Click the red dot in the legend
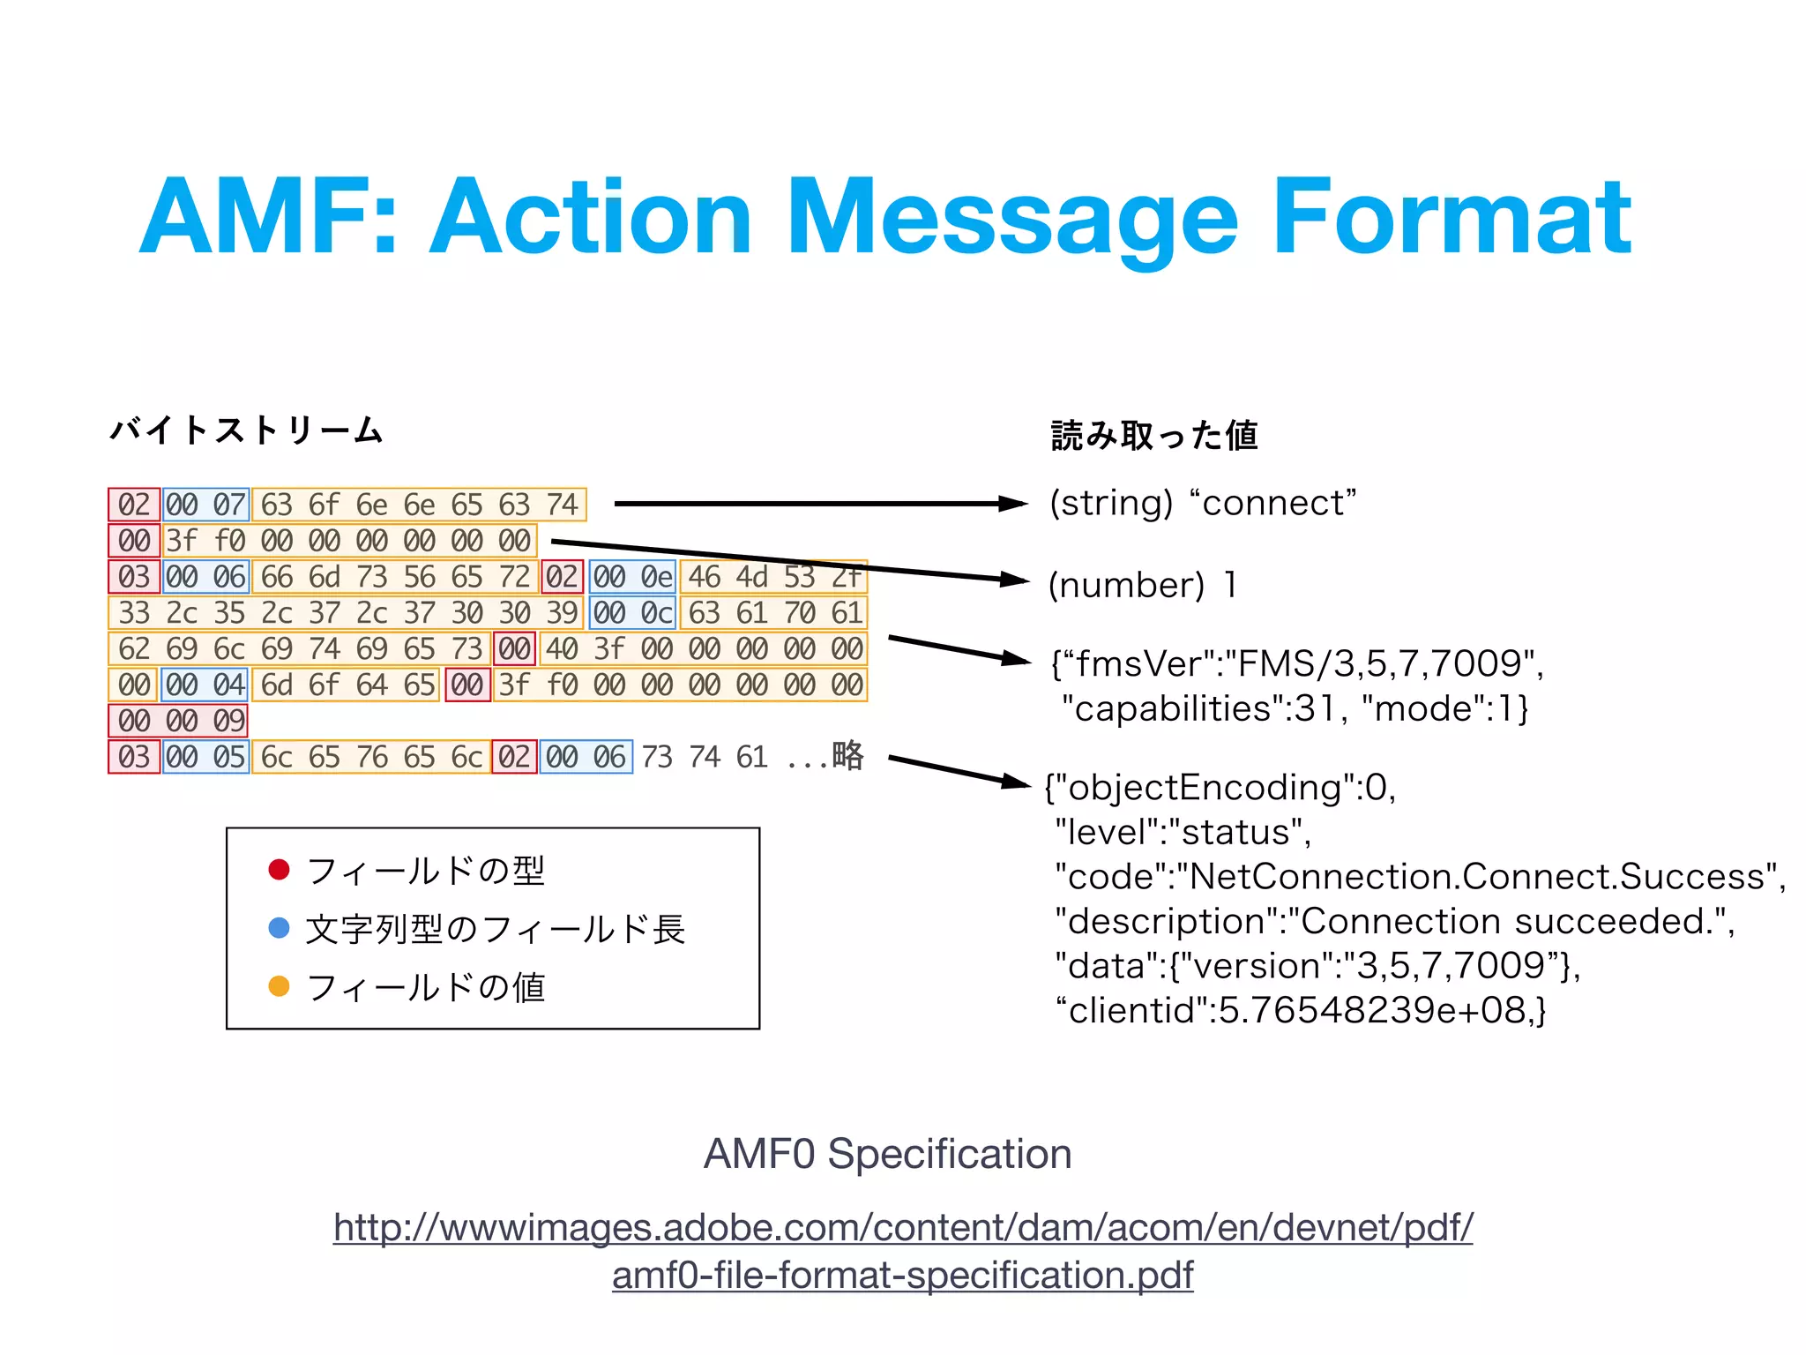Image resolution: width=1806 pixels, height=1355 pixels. click(x=279, y=870)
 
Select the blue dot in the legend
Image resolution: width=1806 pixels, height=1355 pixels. click(x=279, y=928)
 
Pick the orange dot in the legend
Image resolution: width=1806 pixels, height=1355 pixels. click(x=279, y=986)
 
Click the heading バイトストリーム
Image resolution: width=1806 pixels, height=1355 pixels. click(x=246, y=430)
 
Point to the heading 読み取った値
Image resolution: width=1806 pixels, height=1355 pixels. click(x=1154, y=435)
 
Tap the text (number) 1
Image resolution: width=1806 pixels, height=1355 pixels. click(x=1143, y=585)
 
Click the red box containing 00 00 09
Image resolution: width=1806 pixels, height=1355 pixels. click(x=178, y=721)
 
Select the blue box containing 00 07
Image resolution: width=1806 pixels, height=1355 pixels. click(x=205, y=505)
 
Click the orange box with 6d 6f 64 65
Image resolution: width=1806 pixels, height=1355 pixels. click(x=347, y=685)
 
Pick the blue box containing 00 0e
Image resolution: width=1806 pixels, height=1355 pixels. click(x=632, y=577)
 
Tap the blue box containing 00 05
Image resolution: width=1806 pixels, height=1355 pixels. click(x=205, y=757)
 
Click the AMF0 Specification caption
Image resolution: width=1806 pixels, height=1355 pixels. click(x=887, y=1154)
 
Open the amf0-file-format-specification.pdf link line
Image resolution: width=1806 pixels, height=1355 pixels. click(x=902, y=1275)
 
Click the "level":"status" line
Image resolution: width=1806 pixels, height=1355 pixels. click(x=1183, y=832)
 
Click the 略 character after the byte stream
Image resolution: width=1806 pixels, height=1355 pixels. click(x=847, y=756)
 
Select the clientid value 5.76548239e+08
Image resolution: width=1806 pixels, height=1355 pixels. click(x=1376, y=1010)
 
